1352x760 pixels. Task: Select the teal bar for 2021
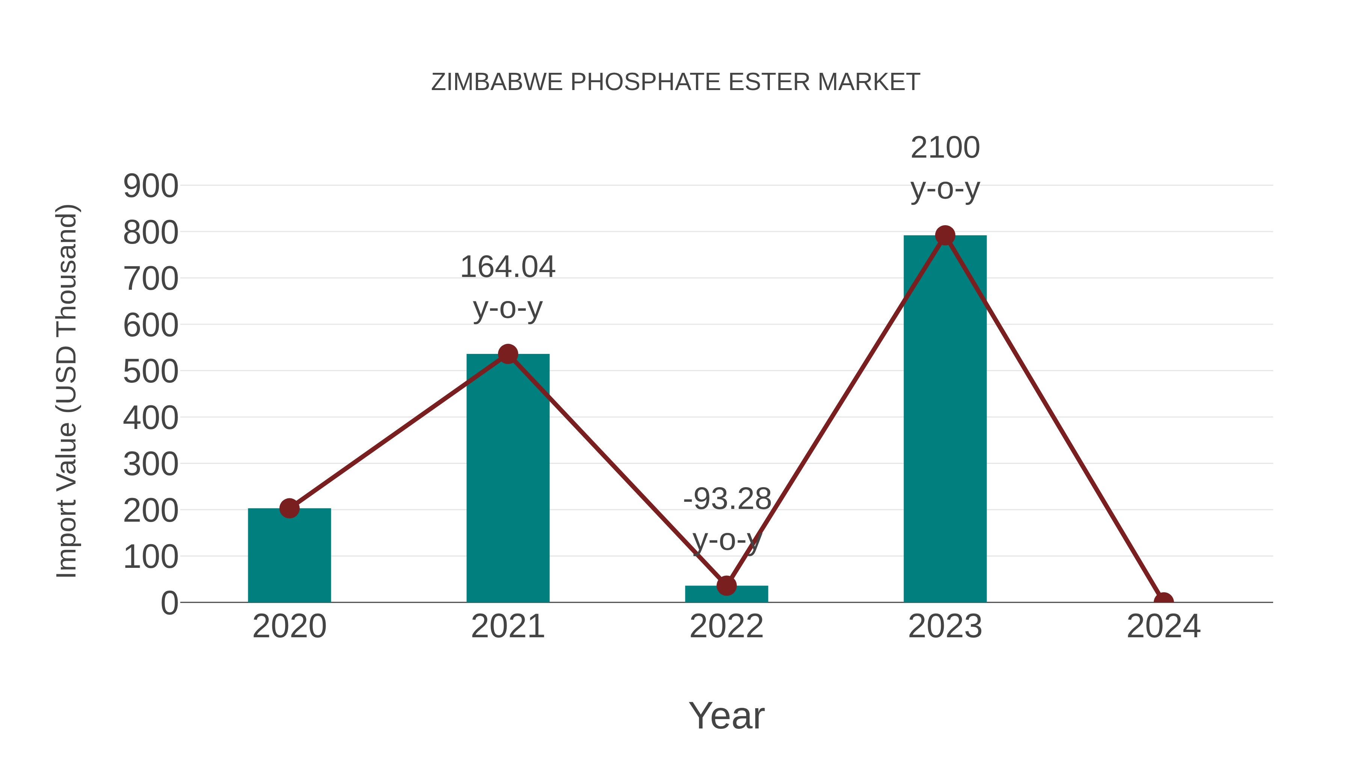507,478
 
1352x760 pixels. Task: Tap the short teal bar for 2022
726,594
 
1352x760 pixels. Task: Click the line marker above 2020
289,508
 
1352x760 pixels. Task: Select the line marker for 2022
726,585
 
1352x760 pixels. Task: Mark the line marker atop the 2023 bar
945,235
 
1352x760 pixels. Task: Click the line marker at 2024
1163,601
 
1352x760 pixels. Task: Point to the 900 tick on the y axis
151,186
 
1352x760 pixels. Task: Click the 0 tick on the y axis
169,603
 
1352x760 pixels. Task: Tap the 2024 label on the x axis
1163,626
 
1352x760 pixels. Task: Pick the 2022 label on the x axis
726,626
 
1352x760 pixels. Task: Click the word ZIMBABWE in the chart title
496,82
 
